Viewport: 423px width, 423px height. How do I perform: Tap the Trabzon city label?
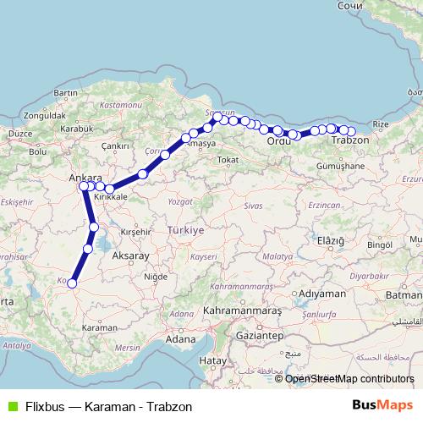(349, 140)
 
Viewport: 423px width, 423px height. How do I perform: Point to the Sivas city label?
(253, 205)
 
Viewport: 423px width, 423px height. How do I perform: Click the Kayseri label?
(205, 255)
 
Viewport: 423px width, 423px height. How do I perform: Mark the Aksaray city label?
(130, 255)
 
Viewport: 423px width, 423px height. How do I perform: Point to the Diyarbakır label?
(370, 276)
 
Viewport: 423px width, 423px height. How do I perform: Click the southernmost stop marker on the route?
(72, 284)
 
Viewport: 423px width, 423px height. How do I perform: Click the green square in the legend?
(10, 404)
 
